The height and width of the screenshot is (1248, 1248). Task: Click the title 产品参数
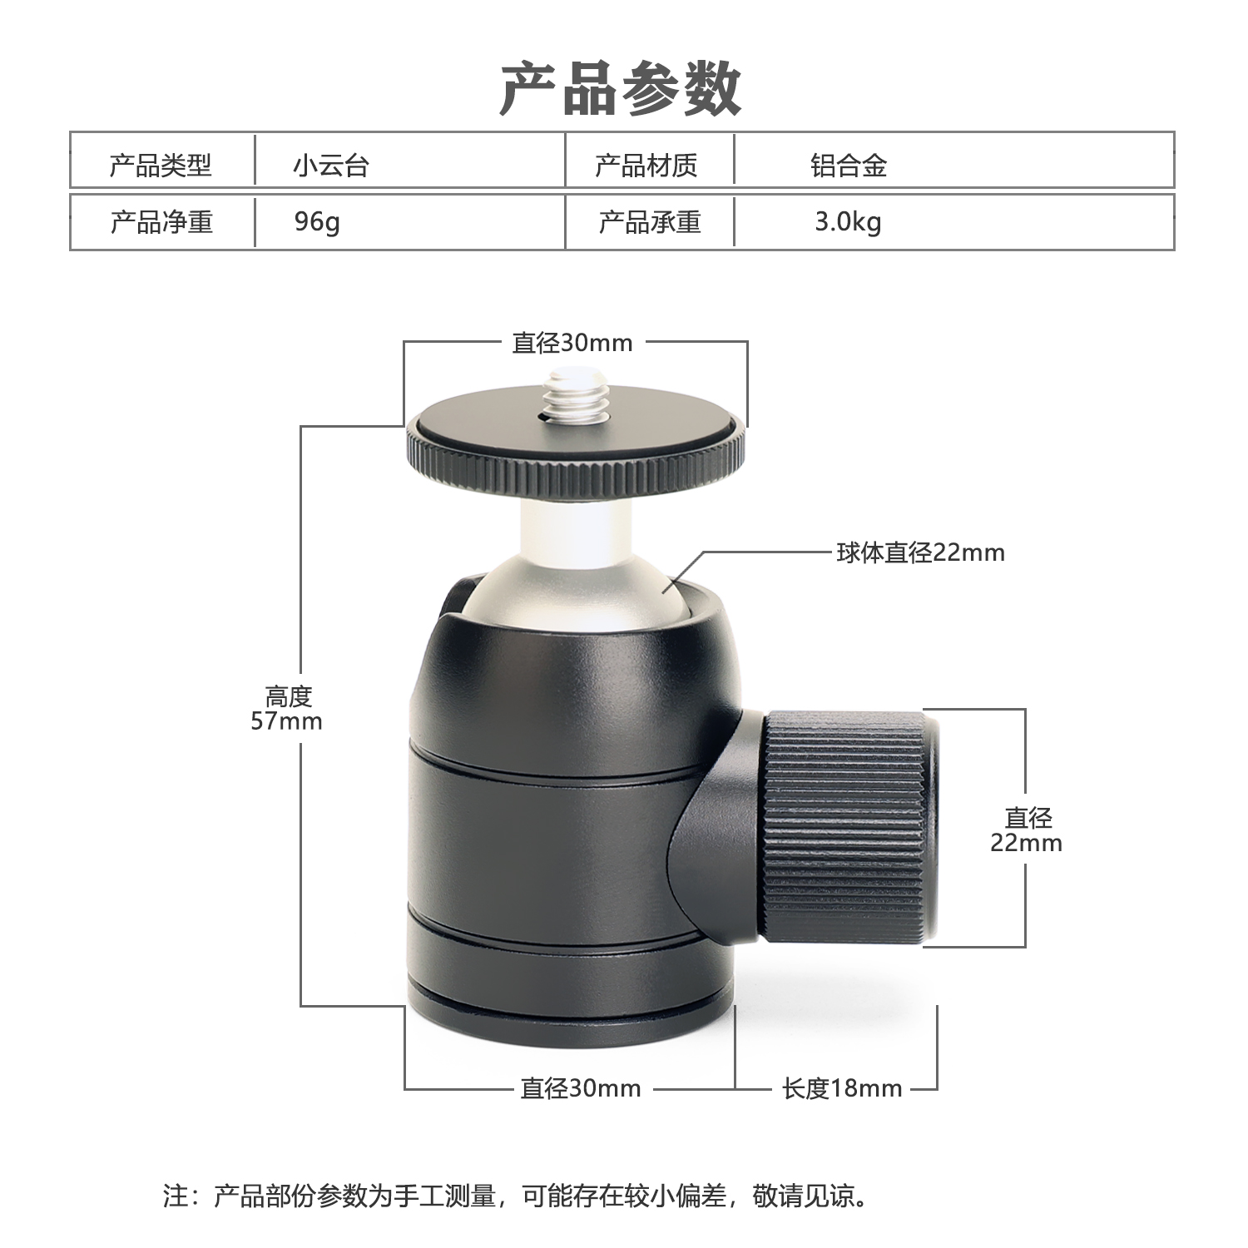(x=621, y=89)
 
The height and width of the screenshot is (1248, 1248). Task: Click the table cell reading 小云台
(x=330, y=166)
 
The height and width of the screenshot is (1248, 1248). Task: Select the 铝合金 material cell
(x=849, y=166)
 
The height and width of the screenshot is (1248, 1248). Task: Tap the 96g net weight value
(x=317, y=222)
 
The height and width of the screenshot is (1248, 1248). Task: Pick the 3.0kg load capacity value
(x=848, y=222)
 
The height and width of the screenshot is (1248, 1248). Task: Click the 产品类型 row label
(x=161, y=166)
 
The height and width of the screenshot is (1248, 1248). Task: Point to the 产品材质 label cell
(x=646, y=166)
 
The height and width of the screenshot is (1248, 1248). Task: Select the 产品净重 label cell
(x=161, y=222)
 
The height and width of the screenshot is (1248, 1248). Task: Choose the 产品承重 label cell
(x=650, y=222)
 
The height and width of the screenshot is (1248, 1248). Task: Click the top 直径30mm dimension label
(x=572, y=343)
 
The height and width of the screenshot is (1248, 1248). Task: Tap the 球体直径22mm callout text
(x=921, y=552)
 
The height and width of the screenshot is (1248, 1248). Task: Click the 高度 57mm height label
(x=287, y=708)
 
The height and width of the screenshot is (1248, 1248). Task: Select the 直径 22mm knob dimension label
(x=1027, y=830)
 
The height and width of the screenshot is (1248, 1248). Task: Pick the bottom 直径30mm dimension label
(x=581, y=1088)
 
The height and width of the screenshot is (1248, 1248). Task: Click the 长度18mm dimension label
(x=842, y=1088)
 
